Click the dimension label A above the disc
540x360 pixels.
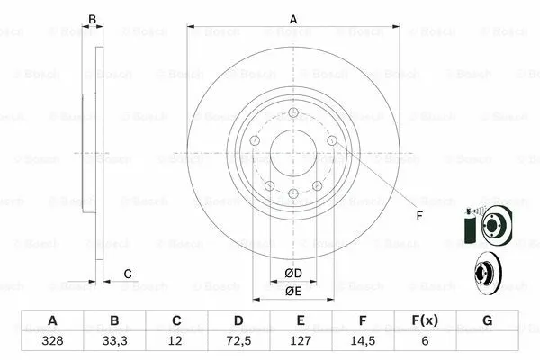[x=293, y=17]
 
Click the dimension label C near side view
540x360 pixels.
[x=128, y=274]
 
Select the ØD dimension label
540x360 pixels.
[x=293, y=273]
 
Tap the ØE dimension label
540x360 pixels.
[x=293, y=291]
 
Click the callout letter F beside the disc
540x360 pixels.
[x=419, y=214]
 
